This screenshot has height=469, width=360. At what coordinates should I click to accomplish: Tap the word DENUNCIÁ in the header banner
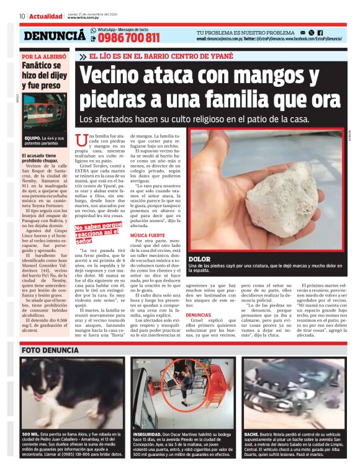click(x=55, y=37)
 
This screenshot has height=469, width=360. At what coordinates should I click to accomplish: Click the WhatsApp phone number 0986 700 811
click(x=128, y=38)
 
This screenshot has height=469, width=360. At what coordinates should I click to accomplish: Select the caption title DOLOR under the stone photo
click(x=199, y=259)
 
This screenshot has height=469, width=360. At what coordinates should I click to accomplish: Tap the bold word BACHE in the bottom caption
click(x=251, y=434)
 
